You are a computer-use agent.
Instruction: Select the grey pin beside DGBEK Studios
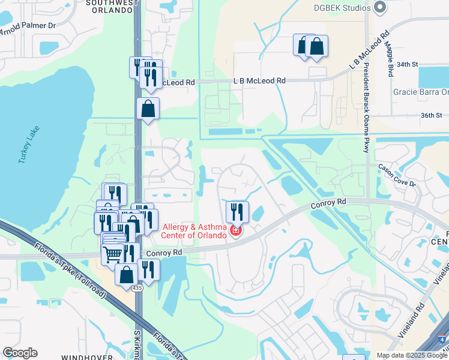click(379, 7)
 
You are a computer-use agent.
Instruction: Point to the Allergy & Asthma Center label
click(195, 230)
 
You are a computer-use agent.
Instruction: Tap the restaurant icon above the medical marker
click(237, 211)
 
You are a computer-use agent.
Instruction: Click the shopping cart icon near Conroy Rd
click(113, 254)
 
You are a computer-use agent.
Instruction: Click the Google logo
click(20, 353)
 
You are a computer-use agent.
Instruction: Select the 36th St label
click(431, 115)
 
